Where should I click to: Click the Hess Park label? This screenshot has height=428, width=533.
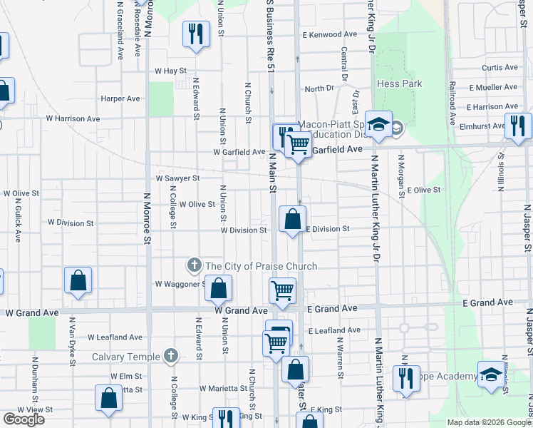399,83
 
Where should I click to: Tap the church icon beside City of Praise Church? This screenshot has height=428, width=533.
193,266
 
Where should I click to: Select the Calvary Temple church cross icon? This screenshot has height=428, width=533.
170,355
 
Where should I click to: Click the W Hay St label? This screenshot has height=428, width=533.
170,71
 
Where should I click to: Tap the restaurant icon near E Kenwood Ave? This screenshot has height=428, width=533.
197,34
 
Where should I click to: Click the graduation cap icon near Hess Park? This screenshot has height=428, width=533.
379,124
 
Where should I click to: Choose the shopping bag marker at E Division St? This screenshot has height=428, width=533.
292,220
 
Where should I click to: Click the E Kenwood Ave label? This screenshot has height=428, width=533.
329,34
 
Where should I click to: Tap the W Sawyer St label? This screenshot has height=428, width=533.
177,178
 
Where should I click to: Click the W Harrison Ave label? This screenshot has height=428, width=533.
73,118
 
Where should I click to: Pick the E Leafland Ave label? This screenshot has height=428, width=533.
335,330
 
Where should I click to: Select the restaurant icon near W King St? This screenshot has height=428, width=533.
227,419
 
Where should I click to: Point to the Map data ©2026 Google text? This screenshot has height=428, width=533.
488,422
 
